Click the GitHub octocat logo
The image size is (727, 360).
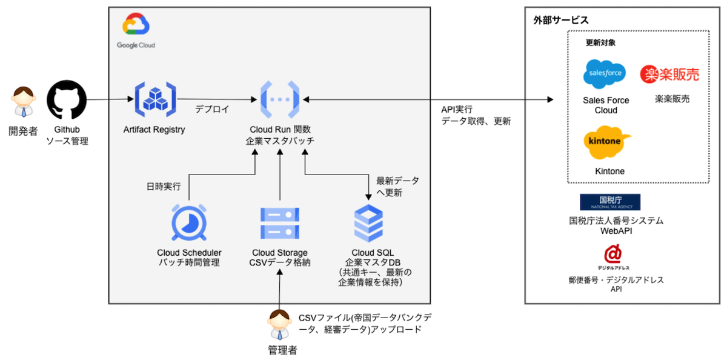pyautogui.click(x=67, y=100)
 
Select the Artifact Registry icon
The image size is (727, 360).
pyautogui.click(x=154, y=99)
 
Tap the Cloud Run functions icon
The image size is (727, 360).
pyautogui.click(x=280, y=99)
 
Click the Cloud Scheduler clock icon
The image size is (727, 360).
pyautogui.click(x=189, y=224)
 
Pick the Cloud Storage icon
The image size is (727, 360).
pyautogui.click(x=279, y=224)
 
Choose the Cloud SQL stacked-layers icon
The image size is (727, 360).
pyautogui.click(x=368, y=224)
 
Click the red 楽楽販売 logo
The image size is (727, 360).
pyautogui.click(x=670, y=74)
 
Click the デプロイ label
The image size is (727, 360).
pyautogui.click(x=212, y=110)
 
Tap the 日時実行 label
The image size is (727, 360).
pyautogui.click(x=163, y=187)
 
